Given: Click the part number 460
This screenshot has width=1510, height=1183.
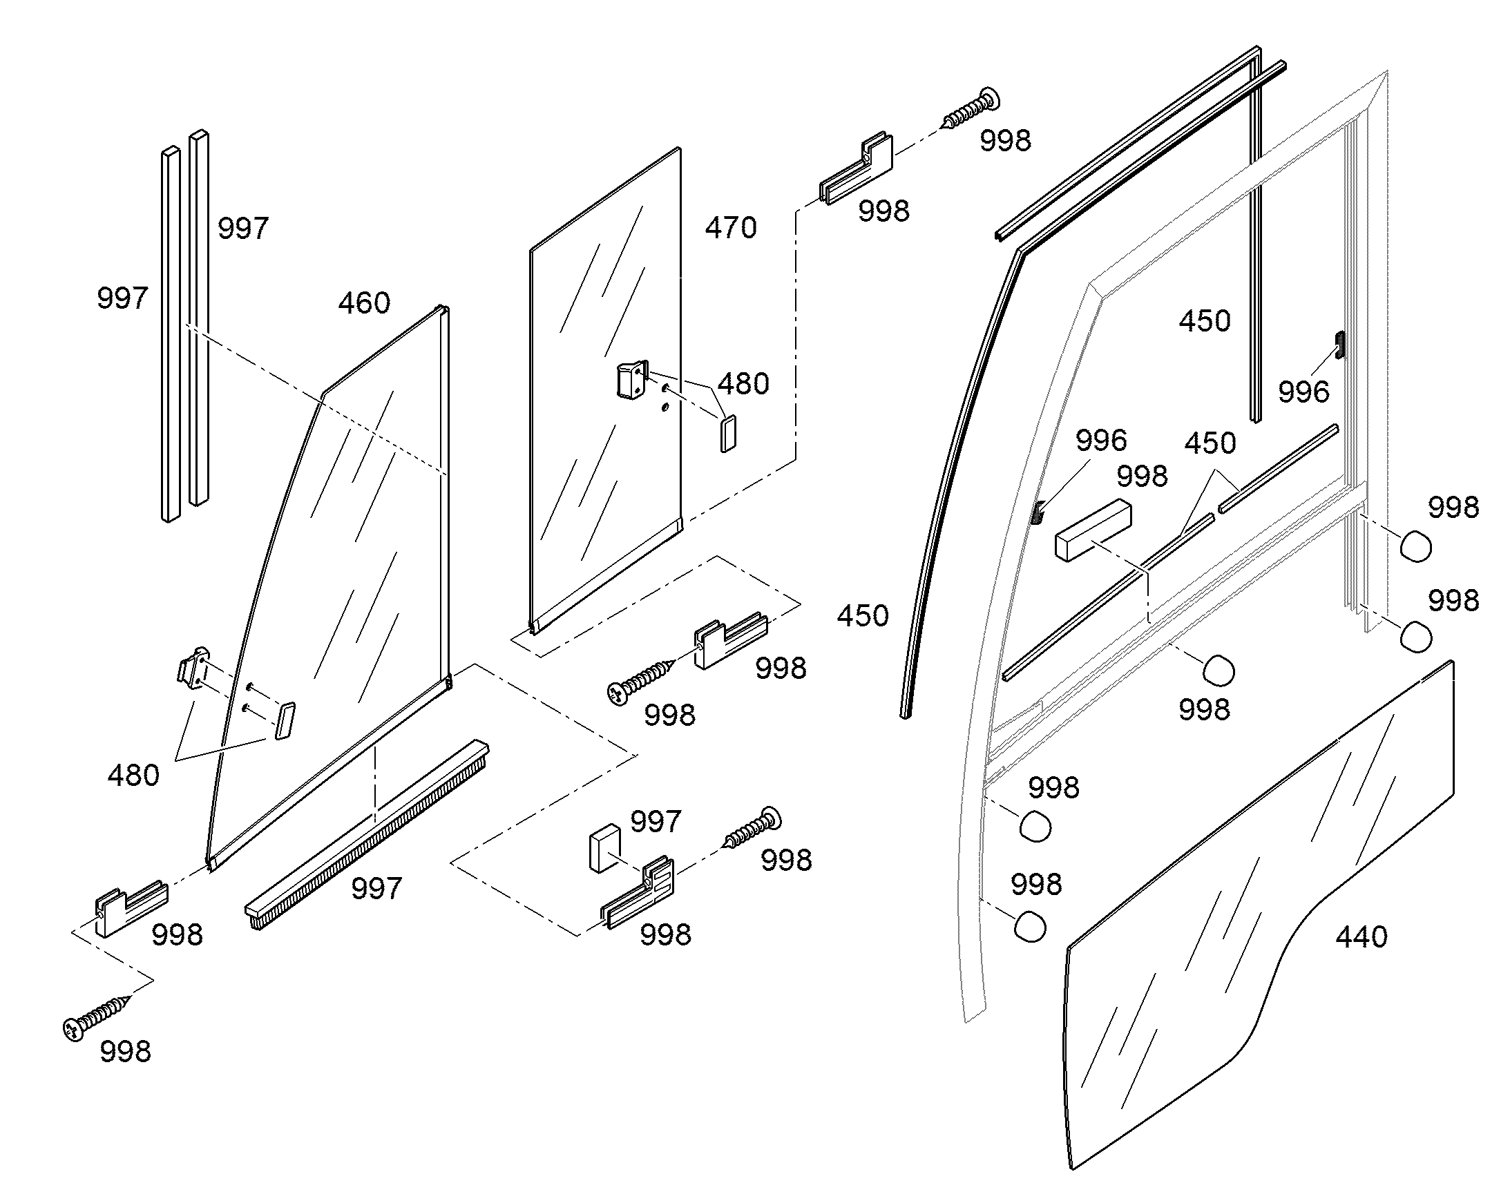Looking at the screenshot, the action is pos(364,303).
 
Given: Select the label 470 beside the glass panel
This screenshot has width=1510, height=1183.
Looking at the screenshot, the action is pos(731,228).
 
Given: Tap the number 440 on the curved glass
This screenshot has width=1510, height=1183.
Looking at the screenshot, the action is pos(1361,937).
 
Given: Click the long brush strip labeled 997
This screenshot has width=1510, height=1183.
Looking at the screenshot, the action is pos(367,835).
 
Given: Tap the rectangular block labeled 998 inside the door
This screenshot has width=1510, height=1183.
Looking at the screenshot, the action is pos(1093,530).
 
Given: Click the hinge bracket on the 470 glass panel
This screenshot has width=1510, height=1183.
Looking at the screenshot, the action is pos(632,381).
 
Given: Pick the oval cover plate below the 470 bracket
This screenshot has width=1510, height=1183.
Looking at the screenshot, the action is pos(728,434).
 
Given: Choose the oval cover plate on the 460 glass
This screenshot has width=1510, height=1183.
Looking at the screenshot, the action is pos(285,721).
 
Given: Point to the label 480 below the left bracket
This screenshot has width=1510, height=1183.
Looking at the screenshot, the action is pos(134,775).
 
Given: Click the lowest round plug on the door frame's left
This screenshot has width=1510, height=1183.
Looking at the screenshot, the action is pos(1029,925).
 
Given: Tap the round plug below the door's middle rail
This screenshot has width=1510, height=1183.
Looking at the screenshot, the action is pos(1219,671).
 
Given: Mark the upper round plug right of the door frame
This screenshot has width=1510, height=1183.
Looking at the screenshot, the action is pos(1416,546).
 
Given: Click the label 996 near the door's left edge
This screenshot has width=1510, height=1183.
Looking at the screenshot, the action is pos(1101,441).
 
